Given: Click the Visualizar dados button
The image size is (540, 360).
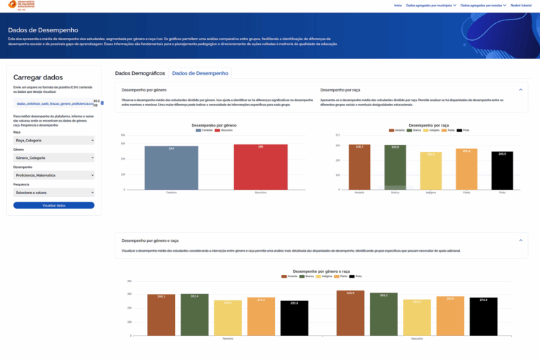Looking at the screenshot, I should [x=53, y=205].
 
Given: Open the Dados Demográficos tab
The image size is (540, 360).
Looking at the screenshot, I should [x=140, y=73].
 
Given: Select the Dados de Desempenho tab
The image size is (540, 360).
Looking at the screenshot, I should [x=200, y=73].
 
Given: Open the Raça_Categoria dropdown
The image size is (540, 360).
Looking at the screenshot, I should [x=53, y=140].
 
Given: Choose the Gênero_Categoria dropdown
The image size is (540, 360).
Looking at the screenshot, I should [x=53, y=157].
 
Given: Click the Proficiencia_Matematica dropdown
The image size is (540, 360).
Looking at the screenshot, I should [x=53, y=175].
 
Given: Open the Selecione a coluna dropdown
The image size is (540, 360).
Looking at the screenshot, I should [x=53, y=192].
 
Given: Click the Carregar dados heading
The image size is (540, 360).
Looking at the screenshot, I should [x=38, y=77].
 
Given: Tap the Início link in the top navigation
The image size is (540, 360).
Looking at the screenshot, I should [x=398, y=5].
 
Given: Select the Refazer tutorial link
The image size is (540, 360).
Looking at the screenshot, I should [x=521, y=5].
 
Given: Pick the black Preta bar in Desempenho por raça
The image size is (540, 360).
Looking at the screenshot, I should [x=502, y=170].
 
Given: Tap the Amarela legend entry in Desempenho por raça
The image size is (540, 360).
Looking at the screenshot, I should [x=398, y=130].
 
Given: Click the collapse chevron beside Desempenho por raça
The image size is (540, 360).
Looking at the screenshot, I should [x=520, y=90].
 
